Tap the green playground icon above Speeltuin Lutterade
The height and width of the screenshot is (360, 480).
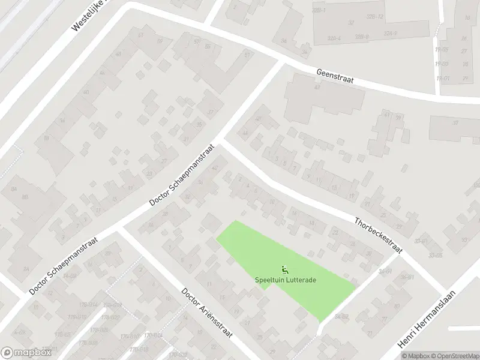point(283,269)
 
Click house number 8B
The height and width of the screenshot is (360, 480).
point(25,196)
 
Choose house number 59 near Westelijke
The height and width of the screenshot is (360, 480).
point(141,35)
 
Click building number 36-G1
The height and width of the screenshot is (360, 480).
point(408,277)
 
